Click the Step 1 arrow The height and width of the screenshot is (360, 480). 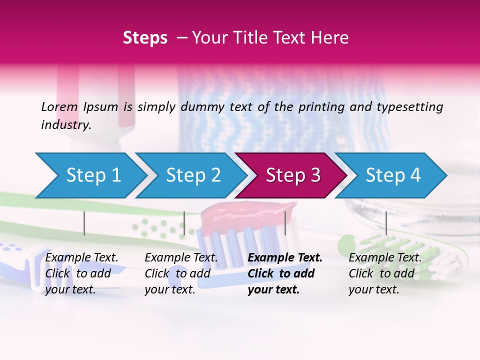[x=93, y=175]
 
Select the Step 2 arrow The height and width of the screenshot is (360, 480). [x=193, y=175]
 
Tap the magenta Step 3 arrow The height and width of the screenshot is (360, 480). [x=293, y=175]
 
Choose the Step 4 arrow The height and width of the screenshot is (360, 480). [x=393, y=175]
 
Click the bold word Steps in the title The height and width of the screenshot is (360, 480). [x=145, y=37]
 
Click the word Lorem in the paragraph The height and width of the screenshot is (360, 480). [x=59, y=106]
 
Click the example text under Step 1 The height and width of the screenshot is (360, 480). [x=81, y=273]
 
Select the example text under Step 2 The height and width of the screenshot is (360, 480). [x=181, y=273]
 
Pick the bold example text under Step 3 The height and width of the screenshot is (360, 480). [x=285, y=273]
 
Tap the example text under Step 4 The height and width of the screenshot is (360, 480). [x=385, y=273]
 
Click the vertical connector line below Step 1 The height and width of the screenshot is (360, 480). [x=84, y=223]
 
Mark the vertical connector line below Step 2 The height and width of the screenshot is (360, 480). [x=184, y=223]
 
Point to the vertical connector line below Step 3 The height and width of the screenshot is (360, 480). [x=285, y=223]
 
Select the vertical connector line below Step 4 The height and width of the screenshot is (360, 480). [x=386, y=223]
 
